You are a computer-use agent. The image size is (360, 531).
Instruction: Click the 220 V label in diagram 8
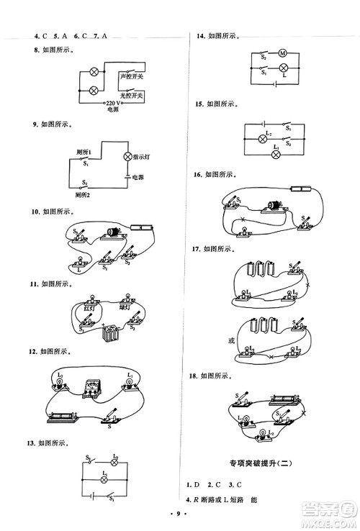[x=114, y=104]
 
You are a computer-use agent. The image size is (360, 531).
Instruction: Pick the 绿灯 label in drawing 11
[x=124, y=308]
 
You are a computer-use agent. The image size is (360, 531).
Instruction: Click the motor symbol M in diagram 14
[x=283, y=53]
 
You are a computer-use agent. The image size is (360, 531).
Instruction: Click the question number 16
[x=192, y=175]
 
